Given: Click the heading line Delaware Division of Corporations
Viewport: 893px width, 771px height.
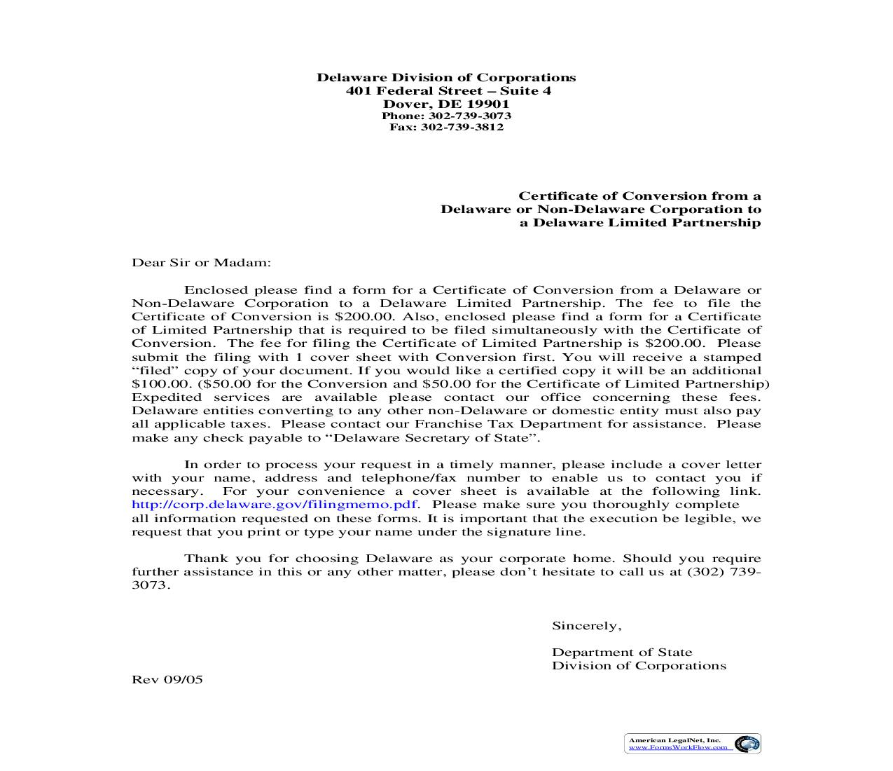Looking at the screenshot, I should click(446, 78).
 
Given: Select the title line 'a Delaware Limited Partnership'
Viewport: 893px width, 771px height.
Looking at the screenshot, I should click(639, 223).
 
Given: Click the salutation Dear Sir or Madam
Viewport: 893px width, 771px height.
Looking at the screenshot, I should click(201, 263).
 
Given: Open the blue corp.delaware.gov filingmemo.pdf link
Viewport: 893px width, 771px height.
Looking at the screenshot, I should click(275, 505).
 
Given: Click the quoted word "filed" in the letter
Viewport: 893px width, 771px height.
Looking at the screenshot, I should click(153, 371).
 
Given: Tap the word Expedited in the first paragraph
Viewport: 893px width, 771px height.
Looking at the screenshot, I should click(165, 397).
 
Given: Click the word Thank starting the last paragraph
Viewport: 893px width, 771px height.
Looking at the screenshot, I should click(204, 559).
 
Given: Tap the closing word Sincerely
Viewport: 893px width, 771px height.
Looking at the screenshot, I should click(586, 626).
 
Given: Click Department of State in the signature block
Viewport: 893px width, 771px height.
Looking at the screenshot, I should click(621, 653).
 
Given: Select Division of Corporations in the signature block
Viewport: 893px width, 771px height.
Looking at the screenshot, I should click(638, 666).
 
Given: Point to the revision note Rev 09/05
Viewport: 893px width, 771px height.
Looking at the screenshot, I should click(167, 679).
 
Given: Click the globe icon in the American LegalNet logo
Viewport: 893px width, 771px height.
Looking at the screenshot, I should click(747, 744).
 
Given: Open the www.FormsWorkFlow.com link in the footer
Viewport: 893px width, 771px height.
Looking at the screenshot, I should click(678, 748).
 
